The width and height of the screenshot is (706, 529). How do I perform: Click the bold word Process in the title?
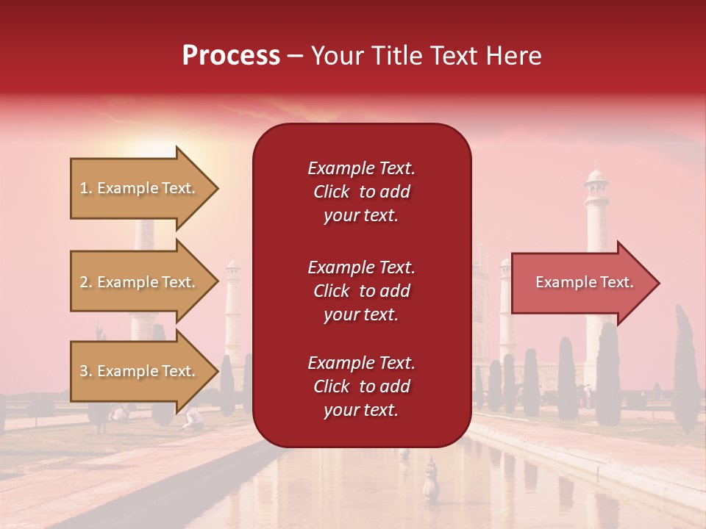231,56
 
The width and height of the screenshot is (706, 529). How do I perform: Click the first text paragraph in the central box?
361,192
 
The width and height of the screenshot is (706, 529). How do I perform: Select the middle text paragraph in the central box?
361,291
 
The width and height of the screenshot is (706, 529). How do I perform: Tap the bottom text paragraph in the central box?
361,386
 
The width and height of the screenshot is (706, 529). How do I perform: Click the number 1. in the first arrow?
86,188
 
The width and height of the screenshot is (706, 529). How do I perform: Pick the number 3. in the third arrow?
86,371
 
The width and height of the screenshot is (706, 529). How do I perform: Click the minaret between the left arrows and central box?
232,309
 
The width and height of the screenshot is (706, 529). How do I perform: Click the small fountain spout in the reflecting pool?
431,481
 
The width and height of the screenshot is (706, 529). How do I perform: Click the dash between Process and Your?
295,57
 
